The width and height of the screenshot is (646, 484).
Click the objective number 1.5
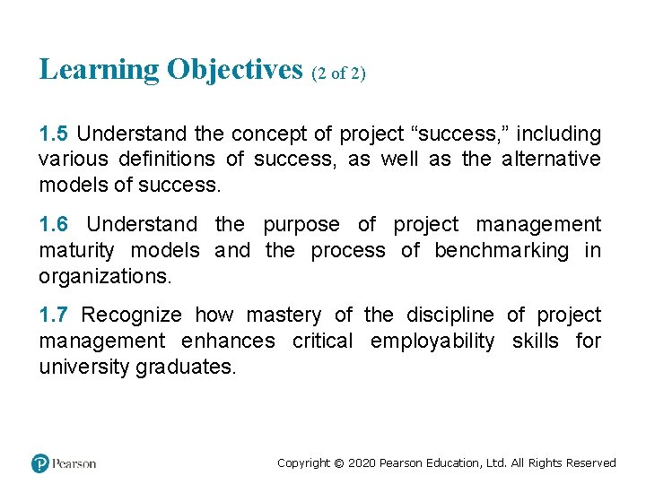pyautogui.click(x=53, y=134)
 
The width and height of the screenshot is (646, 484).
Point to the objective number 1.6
pyautogui.click(x=53, y=224)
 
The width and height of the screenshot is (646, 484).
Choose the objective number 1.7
pyautogui.click(x=53, y=315)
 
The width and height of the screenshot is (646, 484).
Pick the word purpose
pyautogui.click(x=301, y=224)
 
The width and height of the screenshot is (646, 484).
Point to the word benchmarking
pyautogui.click(x=501, y=250)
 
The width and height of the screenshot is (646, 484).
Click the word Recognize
pyautogui.click(x=131, y=315)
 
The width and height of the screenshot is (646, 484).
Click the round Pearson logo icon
pyautogui.click(x=39, y=463)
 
